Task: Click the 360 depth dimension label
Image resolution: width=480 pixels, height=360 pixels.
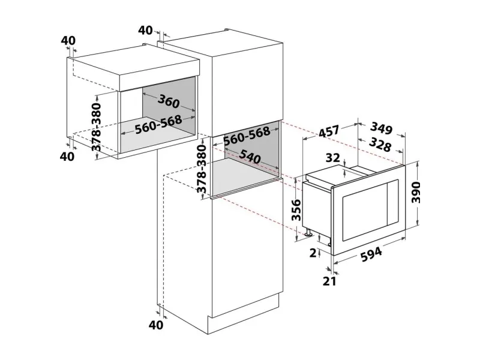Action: click(169, 101)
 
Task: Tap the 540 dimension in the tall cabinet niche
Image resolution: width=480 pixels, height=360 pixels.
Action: click(250, 157)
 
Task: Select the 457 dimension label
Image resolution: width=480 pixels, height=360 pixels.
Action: click(329, 131)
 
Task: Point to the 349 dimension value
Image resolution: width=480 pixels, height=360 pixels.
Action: click(381, 128)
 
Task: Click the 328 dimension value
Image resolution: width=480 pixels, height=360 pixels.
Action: click(380, 144)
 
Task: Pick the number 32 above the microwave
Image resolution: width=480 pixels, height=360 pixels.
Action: click(333, 158)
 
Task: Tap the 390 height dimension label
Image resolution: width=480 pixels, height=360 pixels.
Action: click(416, 192)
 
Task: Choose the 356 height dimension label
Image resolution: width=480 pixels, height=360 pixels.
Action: click(296, 209)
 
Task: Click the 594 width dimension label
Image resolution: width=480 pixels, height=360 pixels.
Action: click(371, 254)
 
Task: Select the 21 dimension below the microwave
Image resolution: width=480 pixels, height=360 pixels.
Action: click(329, 281)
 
